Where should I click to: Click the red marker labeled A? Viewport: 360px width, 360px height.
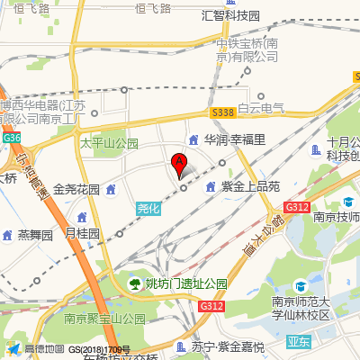179,165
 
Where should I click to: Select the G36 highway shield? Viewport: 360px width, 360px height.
11,138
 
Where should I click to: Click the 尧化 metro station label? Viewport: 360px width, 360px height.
149,208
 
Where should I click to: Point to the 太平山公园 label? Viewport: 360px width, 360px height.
109,143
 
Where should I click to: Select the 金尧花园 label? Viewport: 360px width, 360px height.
76,190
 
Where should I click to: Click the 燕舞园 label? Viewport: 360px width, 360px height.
37,235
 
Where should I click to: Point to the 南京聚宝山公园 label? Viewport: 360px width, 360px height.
104,319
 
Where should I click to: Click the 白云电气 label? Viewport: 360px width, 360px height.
261,109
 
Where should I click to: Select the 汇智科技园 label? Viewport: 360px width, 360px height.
230,15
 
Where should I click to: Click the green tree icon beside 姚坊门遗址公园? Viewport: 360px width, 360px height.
135,283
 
